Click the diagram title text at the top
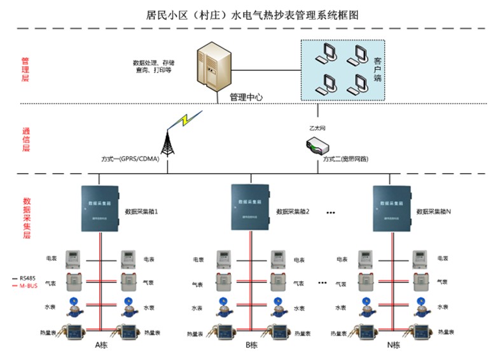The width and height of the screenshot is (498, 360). (x=249, y=14)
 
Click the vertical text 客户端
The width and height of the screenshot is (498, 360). (x=377, y=69)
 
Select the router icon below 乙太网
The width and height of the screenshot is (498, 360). (x=317, y=147)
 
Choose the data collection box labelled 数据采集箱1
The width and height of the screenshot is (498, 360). (x=100, y=207)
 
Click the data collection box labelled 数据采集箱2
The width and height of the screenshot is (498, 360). (x=251, y=207)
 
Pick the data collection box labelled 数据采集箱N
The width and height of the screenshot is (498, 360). (x=392, y=207)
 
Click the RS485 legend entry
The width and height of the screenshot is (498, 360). (x=25, y=278)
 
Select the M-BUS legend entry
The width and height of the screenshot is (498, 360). (x=25, y=286)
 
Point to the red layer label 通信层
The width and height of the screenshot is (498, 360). (x=25, y=139)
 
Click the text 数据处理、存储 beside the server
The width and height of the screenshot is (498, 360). (x=153, y=63)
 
